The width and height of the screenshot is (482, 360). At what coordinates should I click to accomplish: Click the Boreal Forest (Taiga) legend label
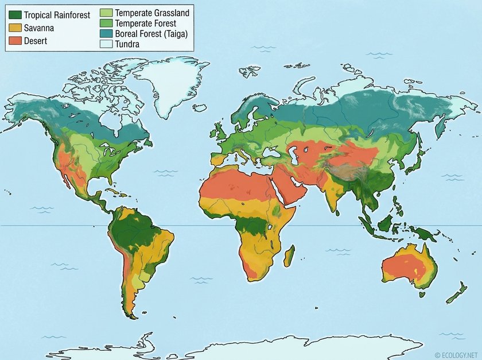tap(151, 34)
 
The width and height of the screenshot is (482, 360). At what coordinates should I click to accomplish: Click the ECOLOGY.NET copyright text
tap(457, 355)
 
